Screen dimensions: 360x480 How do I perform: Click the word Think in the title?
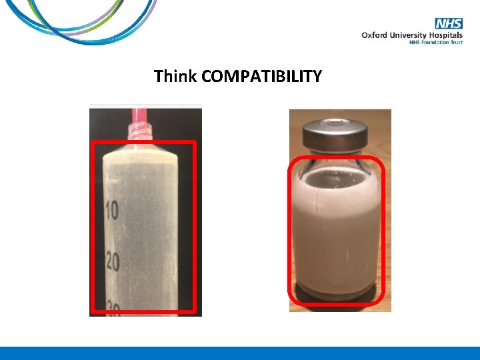[x=175, y=77]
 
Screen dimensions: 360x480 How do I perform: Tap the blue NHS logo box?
[x=451, y=24]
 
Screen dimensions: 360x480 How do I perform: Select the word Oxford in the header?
[x=375, y=35]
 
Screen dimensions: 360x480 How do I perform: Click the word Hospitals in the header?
[x=447, y=35]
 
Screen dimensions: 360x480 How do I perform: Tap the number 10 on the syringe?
[x=111, y=212]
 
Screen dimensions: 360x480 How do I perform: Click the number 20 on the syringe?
[x=111, y=262]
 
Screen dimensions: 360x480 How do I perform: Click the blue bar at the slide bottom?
[x=240, y=353]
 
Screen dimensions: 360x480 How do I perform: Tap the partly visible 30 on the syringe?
[x=111, y=309]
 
